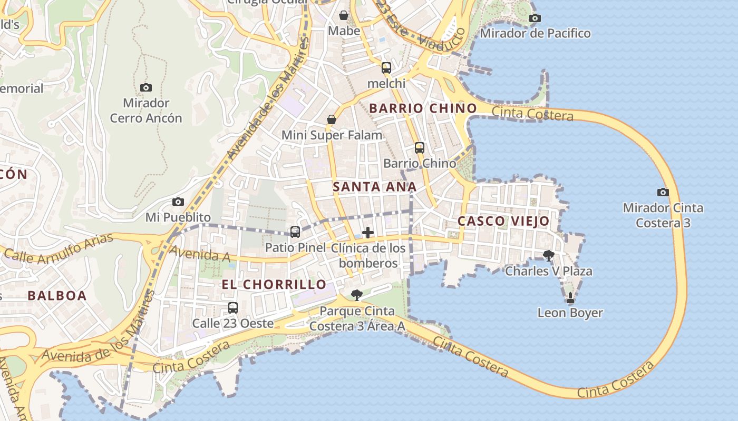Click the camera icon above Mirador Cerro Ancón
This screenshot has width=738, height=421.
click(x=146, y=87)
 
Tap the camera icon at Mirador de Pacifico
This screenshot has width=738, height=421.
click(x=535, y=18)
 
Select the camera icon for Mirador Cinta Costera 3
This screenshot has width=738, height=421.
click(x=663, y=192)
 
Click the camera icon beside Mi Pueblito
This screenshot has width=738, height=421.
click(x=178, y=202)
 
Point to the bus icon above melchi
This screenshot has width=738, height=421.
click(x=386, y=67)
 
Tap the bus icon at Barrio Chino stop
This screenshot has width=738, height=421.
click(x=420, y=148)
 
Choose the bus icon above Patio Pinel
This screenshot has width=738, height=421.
click(x=295, y=232)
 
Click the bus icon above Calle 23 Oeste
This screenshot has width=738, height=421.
click(x=233, y=307)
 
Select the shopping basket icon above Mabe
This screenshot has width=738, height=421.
click(x=344, y=15)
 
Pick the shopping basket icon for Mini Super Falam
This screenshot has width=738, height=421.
click(x=332, y=120)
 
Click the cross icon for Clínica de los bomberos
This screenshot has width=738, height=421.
click(x=368, y=232)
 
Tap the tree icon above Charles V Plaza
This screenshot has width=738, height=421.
click(x=549, y=256)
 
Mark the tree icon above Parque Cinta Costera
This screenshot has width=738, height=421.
click(x=357, y=295)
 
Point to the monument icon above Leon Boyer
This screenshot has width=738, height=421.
click(x=570, y=298)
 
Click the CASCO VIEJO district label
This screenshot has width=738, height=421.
click(x=503, y=221)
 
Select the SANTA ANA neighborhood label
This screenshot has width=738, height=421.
click(x=375, y=187)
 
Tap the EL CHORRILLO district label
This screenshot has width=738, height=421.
click(x=274, y=285)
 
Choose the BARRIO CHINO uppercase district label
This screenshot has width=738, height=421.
click(x=423, y=108)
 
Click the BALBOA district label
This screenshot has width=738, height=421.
click(x=57, y=296)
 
